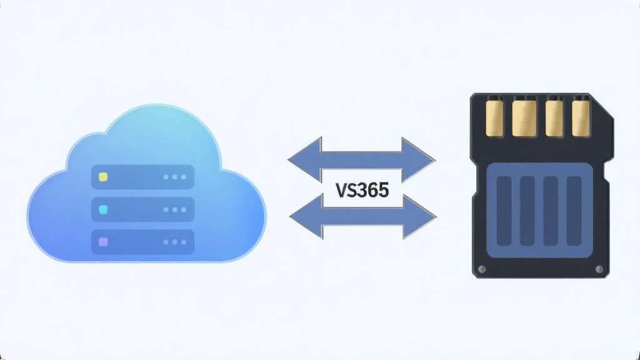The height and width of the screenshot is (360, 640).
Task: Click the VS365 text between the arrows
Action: point(362,191)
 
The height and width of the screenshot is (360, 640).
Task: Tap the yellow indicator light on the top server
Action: point(103,177)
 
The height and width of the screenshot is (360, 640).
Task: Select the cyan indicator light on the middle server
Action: point(103,209)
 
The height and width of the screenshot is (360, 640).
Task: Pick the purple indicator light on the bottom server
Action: point(103,242)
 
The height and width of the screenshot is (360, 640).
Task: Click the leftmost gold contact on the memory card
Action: point(494,118)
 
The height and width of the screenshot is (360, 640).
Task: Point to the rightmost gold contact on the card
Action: point(581,118)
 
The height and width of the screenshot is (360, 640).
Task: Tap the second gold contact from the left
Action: point(524,118)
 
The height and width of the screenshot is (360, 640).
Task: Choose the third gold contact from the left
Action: point(554,118)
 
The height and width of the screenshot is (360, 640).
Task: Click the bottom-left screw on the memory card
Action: point(482,269)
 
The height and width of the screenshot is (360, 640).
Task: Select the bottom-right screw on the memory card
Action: point(599,269)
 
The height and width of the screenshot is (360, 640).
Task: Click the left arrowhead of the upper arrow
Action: point(304,159)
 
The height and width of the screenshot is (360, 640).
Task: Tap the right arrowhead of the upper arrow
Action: point(418,159)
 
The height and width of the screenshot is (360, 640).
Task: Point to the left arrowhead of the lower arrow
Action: point(306,216)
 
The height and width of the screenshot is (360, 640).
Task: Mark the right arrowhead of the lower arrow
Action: point(419,216)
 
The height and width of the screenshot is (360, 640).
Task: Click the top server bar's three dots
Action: point(175,177)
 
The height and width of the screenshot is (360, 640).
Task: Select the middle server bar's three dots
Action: point(175,210)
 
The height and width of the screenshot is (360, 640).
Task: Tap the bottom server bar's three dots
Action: point(175,242)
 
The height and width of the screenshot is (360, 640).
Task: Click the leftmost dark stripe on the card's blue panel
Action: point(504,211)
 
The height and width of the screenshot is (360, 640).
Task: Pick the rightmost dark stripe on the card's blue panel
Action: point(574,211)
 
